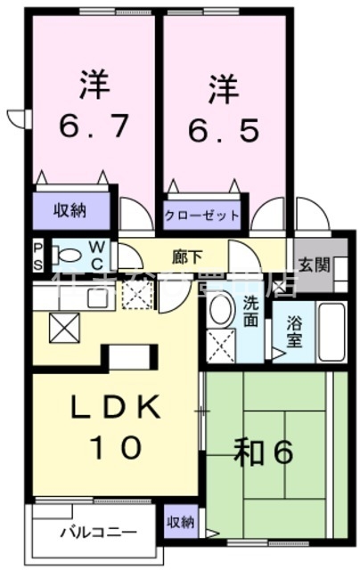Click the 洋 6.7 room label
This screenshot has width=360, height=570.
pyautogui.click(x=92, y=108)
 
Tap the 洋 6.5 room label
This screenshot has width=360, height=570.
pyautogui.click(x=224, y=108)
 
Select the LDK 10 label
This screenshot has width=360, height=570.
pyautogui.click(x=117, y=427)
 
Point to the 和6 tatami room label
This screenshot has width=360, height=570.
pyautogui.click(x=265, y=453)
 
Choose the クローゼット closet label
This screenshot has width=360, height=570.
pyautogui.click(x=203, y=216)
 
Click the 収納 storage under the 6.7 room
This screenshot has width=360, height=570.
pyautogui.click(x=70, y=211)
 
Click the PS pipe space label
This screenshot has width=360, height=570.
pyautogui.click(x=38, y=255)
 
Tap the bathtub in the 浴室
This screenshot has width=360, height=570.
pyautogui.click(x=332, y=331)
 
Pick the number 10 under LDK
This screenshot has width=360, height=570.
pyautogui.click(x=117, y=446)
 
